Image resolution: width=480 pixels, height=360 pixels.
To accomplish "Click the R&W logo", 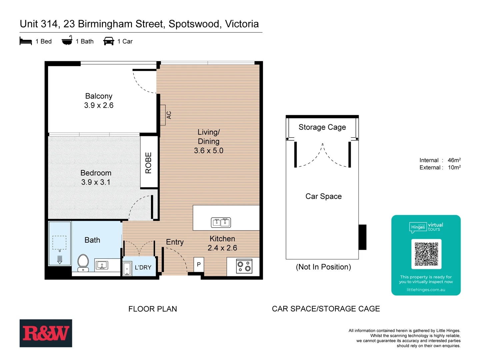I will tap(46, 333).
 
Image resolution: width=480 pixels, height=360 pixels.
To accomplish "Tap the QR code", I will tap(426, 254).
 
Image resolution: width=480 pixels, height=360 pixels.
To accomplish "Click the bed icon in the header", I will tap(26, 41).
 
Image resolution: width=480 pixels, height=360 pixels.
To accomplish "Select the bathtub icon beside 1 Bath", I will tap(67, 40).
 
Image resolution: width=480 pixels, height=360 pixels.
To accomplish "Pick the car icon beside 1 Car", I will tap(109, 41).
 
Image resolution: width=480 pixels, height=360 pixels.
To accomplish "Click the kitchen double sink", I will tap(221, 222).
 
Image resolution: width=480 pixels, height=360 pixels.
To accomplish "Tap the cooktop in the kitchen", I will tap(244, 266).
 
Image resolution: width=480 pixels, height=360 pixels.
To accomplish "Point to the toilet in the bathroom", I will tap(83, 263).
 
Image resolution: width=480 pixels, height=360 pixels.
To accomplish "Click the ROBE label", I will tap(149, 163).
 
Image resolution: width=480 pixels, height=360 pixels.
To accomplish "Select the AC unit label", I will tap(169, 115).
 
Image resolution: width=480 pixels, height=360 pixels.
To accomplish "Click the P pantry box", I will tap(199, 264).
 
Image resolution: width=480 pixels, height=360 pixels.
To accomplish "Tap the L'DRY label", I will tap(143, 267).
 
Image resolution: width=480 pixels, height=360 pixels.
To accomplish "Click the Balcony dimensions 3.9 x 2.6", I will tap(99, 105).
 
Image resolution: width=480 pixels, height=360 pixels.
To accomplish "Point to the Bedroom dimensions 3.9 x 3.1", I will tap(96, 182).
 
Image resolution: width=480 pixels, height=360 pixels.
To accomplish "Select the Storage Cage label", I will tap(322, 127).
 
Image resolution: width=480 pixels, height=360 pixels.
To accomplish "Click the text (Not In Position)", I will tap(323, 267).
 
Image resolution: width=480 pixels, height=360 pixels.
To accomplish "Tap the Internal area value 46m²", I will tap(454, 160).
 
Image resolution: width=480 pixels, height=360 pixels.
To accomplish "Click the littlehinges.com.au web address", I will tap(426, 290).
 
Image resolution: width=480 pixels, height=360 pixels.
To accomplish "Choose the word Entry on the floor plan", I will tap(175, 242).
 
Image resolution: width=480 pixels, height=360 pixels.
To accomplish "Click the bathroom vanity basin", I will tap(102, 265).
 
